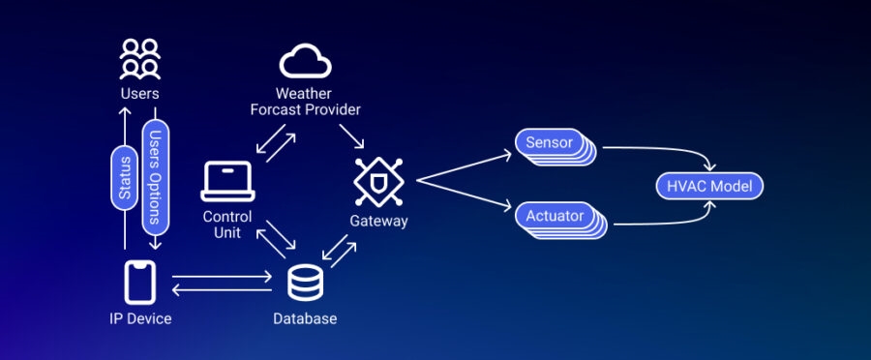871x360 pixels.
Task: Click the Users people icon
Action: tap(138, 60)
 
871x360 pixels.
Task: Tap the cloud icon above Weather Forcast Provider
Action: tap(305, 62)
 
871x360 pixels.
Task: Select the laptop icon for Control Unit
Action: tap(227, 182)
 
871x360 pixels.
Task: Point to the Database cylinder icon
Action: tap(306, 283)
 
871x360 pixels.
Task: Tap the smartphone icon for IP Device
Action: tap(140, 283)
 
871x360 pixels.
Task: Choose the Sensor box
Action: tap(550, 143)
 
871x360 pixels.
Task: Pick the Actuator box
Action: tap(555, 216)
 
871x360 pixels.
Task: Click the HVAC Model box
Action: tap(709, 186)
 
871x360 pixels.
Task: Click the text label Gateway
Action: tap(378, 222)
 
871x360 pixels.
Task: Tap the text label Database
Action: tap(305, 318)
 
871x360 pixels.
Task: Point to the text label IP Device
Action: tap(140, 318)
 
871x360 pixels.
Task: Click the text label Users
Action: tap(139, 94)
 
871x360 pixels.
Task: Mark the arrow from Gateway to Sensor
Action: tap(463, 165)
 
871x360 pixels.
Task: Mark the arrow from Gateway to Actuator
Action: tap(463, 193)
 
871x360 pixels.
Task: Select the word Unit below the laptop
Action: tap(227, 232)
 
